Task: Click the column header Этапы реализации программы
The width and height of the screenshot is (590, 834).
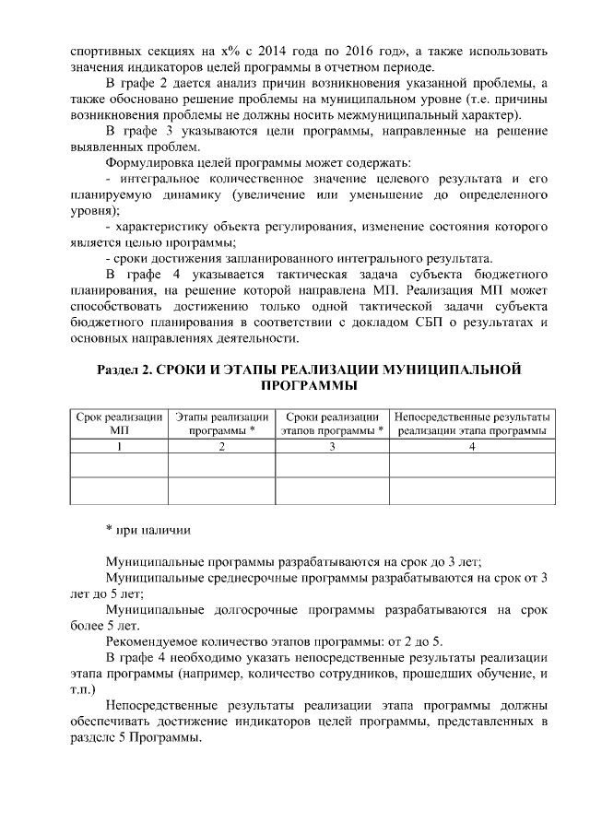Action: click(x=221, y=424)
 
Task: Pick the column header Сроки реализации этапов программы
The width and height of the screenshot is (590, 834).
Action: click(x=333, y=424)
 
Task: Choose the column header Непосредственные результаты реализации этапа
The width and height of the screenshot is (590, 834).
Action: click(x=472, y=424)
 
